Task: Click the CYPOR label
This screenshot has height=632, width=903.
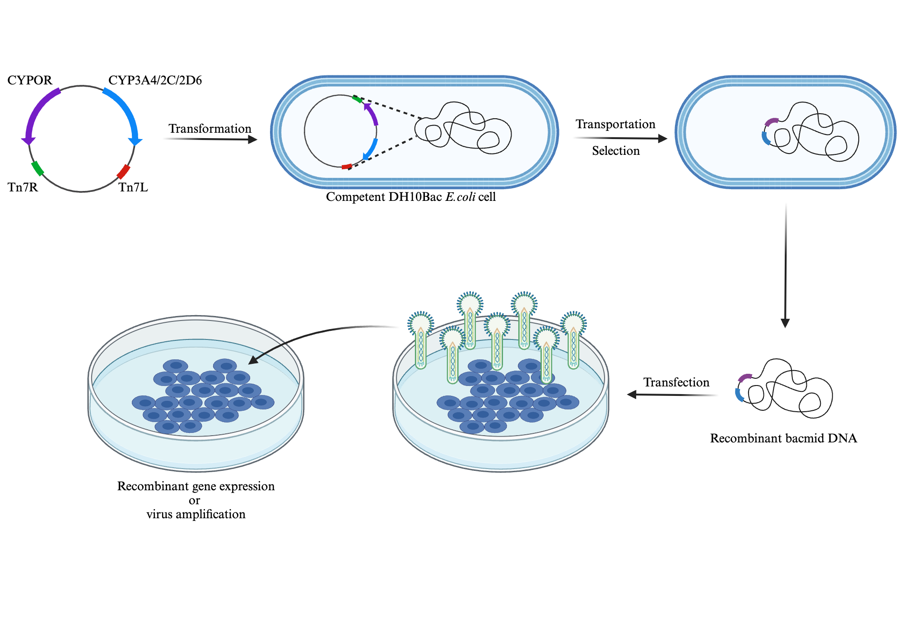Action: click(30, 80)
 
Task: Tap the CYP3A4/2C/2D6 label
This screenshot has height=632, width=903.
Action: click(155, 80)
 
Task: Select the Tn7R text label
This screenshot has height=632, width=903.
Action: click(23, 187)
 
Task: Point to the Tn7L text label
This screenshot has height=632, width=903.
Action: click(133, 187)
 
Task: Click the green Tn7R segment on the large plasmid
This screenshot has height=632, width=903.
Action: click(37, 168)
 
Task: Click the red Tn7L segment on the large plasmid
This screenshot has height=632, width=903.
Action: click(123, 172)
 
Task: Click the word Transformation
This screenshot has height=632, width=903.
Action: click(210, 129)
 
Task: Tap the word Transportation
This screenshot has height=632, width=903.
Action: click(615, 124)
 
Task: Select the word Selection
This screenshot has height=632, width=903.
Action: click(616, 151)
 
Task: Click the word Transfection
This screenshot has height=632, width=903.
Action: click(676, 382)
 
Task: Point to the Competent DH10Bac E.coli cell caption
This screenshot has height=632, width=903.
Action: click(411, 197)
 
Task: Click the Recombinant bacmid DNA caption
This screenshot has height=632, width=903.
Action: click(783, 438)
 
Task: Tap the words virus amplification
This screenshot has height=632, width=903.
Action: click(196, 514)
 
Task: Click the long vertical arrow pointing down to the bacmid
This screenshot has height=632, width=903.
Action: click(786, 266)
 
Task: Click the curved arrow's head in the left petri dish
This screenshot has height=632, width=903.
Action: click(253, 360)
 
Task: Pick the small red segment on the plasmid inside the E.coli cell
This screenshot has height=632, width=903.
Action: click(346, 167)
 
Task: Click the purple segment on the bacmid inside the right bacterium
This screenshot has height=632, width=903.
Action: click(771, 121)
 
